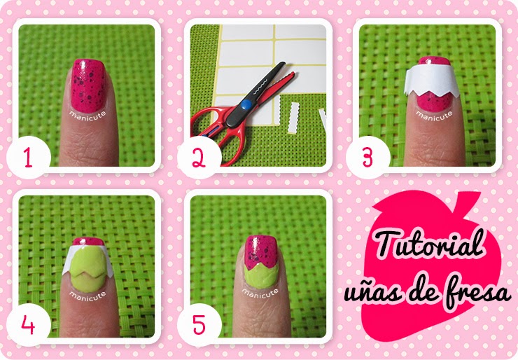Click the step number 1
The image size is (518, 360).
tap(28, 158)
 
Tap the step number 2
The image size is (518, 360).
tap(198, 159)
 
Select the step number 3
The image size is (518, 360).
tap(369, 158)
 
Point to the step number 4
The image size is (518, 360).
tap(28, 324)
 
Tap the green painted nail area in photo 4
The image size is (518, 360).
tap(90, 270)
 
